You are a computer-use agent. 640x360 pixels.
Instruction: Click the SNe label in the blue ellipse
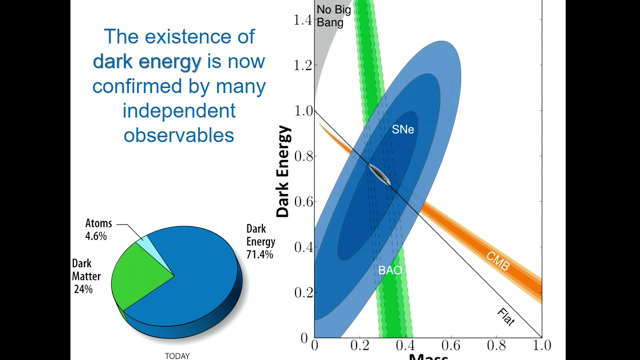pyautogui.click(x=402, y=129)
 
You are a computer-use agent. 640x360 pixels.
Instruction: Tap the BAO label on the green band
pyautogui.click(x=390, y=270)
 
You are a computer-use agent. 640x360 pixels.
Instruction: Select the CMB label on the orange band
pyautogui.click(x=498, y=261)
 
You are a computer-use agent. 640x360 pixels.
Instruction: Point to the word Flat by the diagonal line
pyautogui.click(x=506, y=317)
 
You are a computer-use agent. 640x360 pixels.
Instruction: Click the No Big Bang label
pyautogui.click(x=334, y=15)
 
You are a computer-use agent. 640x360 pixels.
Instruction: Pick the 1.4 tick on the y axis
pyautogui.click(x=303, y=20)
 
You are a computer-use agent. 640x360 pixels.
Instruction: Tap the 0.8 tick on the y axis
pyautogui.click(x=303, y=156)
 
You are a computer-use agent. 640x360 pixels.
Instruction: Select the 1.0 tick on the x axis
pyautogui.click(x=541, y=345)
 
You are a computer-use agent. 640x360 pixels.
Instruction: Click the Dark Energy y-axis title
pyautogui.click(x=283, y=171)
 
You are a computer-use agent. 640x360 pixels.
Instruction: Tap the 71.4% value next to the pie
pyautogui.click(x=259, y=254)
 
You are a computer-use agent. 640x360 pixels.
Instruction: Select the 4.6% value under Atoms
pyautogui.click(x=95, y=236)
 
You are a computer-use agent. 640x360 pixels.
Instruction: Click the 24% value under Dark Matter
pyautogui.click(x=83, y=289)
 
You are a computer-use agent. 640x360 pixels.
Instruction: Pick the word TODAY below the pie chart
pyautogui.click(x=177, y=356)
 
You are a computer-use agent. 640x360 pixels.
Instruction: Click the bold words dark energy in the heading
pyautogui.click(x=147, y=61)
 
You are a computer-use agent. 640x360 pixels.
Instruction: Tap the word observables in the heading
pyautogui.click(x=179, y=135)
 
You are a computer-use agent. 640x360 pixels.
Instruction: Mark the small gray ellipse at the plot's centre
pyautogui.click(x=380, y=175)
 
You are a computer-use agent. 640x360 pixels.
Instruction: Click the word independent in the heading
pyautogui.click(x=179, y=110)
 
